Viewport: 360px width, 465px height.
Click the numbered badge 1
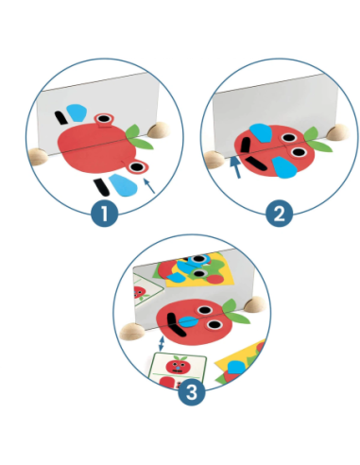point(105,214)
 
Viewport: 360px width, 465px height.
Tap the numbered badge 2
point(279,214)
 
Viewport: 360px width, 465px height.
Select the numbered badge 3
point(192,391)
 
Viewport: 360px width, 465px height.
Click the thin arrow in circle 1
point(149,185)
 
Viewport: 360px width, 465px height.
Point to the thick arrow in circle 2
point(234,167)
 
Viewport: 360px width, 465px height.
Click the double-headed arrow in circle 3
point(162,344)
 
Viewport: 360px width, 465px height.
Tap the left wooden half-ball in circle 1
point(38,157)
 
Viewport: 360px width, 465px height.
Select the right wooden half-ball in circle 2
point(338,132)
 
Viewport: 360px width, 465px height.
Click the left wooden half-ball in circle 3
point(132,332)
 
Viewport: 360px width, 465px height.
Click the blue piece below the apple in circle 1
point(123,185)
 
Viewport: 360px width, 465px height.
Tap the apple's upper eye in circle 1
point(104,119)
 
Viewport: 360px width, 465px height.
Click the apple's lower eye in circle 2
point(299,152)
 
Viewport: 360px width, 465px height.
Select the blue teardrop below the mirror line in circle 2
point(284,167)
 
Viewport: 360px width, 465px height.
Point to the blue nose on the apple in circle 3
point(188,321)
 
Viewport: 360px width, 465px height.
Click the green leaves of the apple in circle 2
point(317,140)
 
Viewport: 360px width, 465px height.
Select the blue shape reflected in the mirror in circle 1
point(77,112)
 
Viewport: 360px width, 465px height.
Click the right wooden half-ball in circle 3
point(255,304)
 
